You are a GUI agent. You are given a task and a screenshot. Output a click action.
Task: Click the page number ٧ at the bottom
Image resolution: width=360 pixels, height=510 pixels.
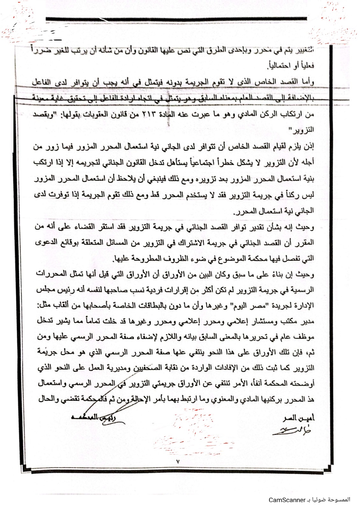click(178, 461)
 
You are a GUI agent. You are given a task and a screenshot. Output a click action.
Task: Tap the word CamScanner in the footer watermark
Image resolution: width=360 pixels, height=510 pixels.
click(287, 500)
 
